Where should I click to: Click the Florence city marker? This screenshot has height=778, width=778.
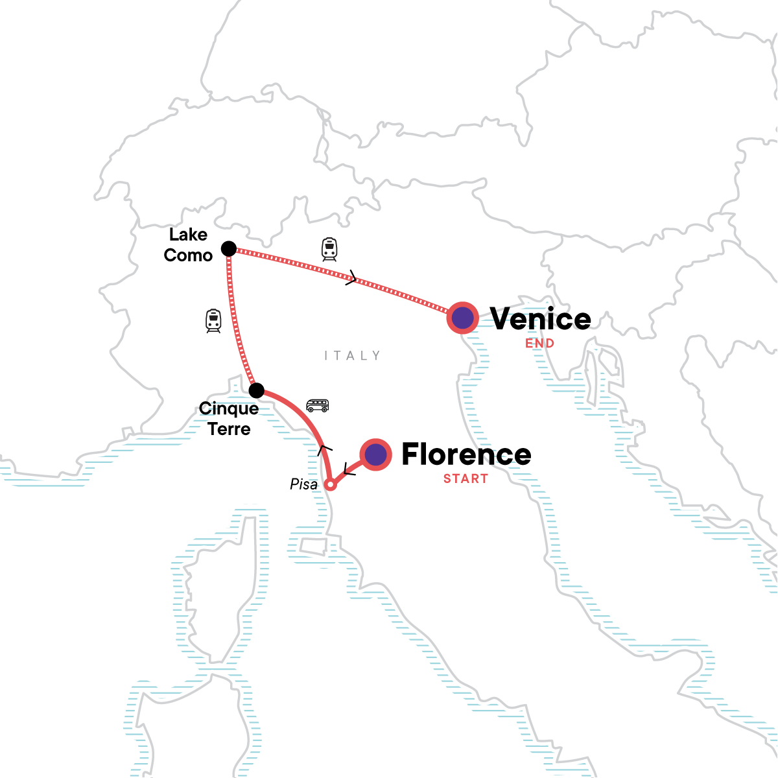(x=375, y=454)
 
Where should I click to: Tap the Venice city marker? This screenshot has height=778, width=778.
(x=463, y=318)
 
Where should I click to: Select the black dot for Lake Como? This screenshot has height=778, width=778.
(x=229, y=248)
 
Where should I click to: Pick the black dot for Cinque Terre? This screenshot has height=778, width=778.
(x=257, y=390)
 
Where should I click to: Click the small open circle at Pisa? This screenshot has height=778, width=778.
(x=330, y=484)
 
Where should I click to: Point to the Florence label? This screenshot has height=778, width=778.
(x=466, y=454)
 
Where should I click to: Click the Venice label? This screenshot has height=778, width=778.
(x=540, y=319)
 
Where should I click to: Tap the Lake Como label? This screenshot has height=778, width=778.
(x=188, y=245)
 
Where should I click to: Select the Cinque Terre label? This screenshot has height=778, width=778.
(x=229, y=419)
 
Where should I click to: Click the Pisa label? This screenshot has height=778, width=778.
(x=303, y=484)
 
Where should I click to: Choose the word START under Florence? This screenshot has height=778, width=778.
(x=466, y=479)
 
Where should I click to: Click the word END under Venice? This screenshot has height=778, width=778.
(x=539, y=344)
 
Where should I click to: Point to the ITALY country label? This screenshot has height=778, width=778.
(x=352, y=355)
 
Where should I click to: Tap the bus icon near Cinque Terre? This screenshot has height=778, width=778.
(x=318, y=406)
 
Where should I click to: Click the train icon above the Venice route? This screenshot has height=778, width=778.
(x=329, y=250)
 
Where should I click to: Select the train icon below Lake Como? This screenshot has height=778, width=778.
(x=213, y=321)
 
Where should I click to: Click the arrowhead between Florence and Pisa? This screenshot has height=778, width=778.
(x=348, y=470)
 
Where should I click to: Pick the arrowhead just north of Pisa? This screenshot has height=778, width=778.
(x=324, y=449)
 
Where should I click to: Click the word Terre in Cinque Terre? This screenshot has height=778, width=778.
(x=229, y=429)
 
